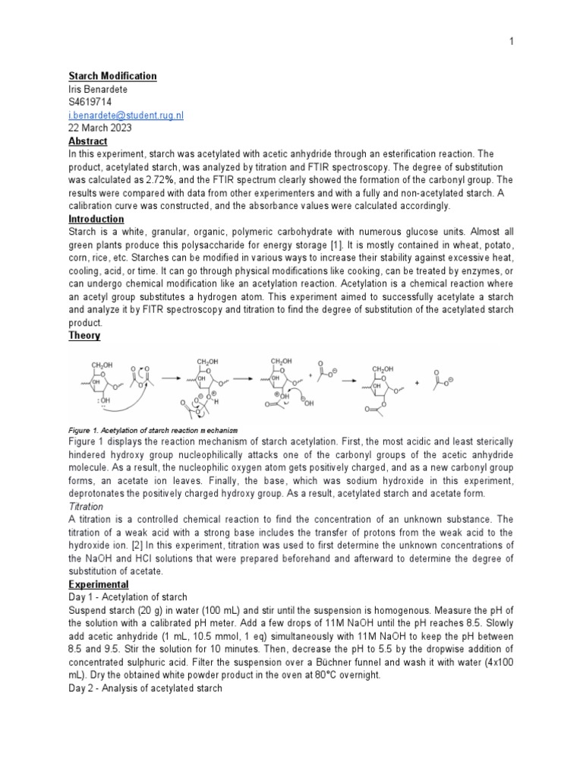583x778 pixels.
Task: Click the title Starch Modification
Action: pos(112,76)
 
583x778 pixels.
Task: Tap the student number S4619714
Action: pos(90,102)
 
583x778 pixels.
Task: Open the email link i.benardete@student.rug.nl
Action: pos(126,115)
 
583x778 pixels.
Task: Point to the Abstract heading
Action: pos(88,141)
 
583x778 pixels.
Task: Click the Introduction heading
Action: pos(96,219)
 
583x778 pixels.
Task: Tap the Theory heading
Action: pos(84,335)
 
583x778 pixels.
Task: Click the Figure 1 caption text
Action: pos(156,429)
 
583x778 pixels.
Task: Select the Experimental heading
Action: pos(99,584)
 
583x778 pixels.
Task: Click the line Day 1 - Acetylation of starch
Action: pos(128,597)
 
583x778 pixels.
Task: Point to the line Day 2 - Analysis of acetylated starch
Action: pos(145,688)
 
